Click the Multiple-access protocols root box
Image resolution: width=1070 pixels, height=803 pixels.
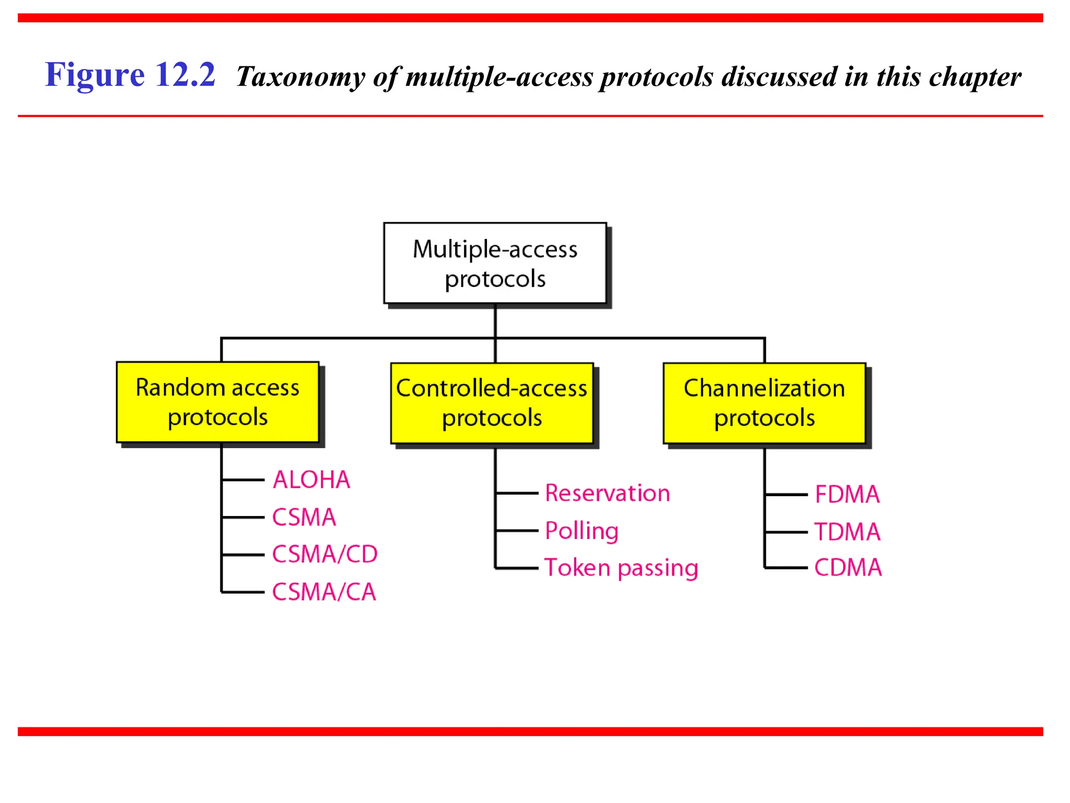(x=495, y=263)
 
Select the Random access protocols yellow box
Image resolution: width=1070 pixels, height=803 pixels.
(x=217, y=402)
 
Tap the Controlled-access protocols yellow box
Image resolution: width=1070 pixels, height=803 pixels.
(x=492, y=403)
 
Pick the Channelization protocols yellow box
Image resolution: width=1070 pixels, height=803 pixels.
(x=764, y=403)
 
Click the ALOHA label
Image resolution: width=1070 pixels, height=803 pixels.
(x=311, y=479)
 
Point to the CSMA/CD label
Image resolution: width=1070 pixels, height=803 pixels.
(x=324, y=554)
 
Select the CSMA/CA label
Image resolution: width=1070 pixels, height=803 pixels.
(x=324, y=592)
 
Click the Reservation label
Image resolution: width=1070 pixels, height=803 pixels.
(x=607, y=493)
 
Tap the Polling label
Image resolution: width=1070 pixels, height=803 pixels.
(x=581, y=531)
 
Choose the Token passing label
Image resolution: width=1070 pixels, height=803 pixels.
(x=621, y=568)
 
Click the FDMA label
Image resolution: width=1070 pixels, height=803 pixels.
(x=847, y=494)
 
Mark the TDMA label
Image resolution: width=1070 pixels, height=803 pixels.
(x=847, y=532)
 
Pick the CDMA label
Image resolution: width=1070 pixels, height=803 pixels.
(x=847, y=568)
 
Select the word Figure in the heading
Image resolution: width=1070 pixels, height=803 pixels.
(x=95, y=75)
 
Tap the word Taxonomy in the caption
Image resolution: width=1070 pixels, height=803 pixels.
(x=300, y=77)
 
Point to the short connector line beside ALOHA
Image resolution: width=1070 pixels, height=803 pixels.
(x=243, y=479)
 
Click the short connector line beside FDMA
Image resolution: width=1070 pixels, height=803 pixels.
(x=786, y=494)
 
